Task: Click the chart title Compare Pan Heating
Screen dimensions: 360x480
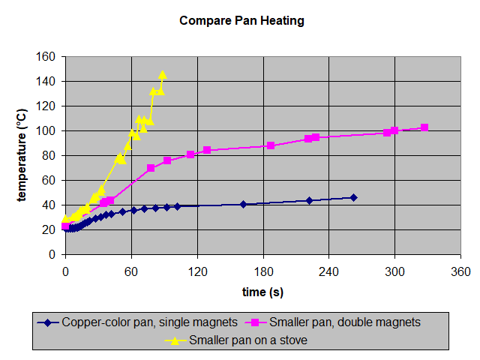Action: tap(241, 20)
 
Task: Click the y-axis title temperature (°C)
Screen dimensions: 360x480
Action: tap(22, 155)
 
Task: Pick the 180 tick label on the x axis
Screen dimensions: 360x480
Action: tap(263, 270)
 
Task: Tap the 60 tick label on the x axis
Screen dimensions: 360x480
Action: tap(131, 270)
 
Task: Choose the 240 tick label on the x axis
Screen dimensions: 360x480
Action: tap(328, 270)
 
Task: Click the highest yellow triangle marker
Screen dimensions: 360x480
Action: tap(163, 75)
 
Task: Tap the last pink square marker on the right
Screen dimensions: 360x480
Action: tap(424, 127)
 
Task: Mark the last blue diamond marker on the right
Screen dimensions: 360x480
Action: tap(353, 197)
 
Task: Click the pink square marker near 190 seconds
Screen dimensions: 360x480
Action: tap(271, 145)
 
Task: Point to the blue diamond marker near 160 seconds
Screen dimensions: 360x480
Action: tap(243, 204)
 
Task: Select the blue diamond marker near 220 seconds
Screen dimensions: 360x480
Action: tap(309, 200)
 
